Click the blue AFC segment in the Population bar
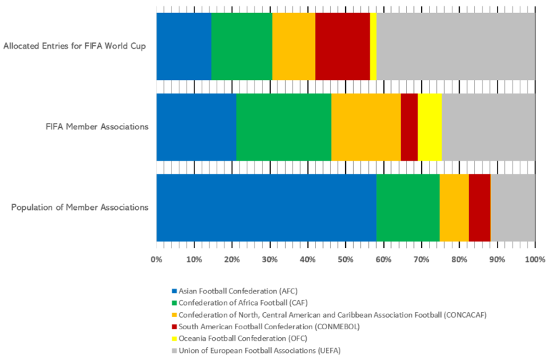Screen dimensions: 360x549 [266, 208]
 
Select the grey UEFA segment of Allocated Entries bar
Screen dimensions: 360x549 [455, 46]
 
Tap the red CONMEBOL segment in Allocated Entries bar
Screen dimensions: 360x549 [342, 46]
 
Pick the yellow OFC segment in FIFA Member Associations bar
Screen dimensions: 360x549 [430, 127]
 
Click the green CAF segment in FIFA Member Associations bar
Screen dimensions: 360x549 [283, 127]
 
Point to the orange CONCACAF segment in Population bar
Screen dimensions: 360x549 [454, 208]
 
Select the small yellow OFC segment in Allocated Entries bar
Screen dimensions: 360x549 [373, 46]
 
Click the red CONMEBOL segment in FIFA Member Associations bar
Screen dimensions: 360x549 [409, 127]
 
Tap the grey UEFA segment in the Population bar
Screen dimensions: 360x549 [513, 208]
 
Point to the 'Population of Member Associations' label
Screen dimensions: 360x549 [80, 208]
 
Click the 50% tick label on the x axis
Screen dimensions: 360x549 [346, 259]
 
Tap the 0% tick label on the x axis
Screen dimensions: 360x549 [157, 259]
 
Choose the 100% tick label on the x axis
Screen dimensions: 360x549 [535, 259]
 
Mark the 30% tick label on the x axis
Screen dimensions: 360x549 [270, 259]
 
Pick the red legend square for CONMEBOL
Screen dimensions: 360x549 [173, 326]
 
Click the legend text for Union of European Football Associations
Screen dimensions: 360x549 [260, 350]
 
